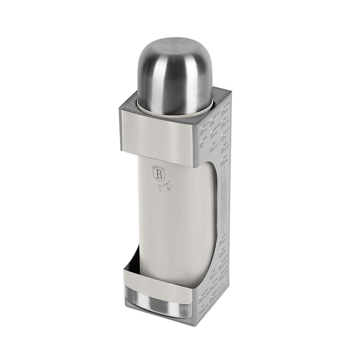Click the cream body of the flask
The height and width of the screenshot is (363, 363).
(174, 218)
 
